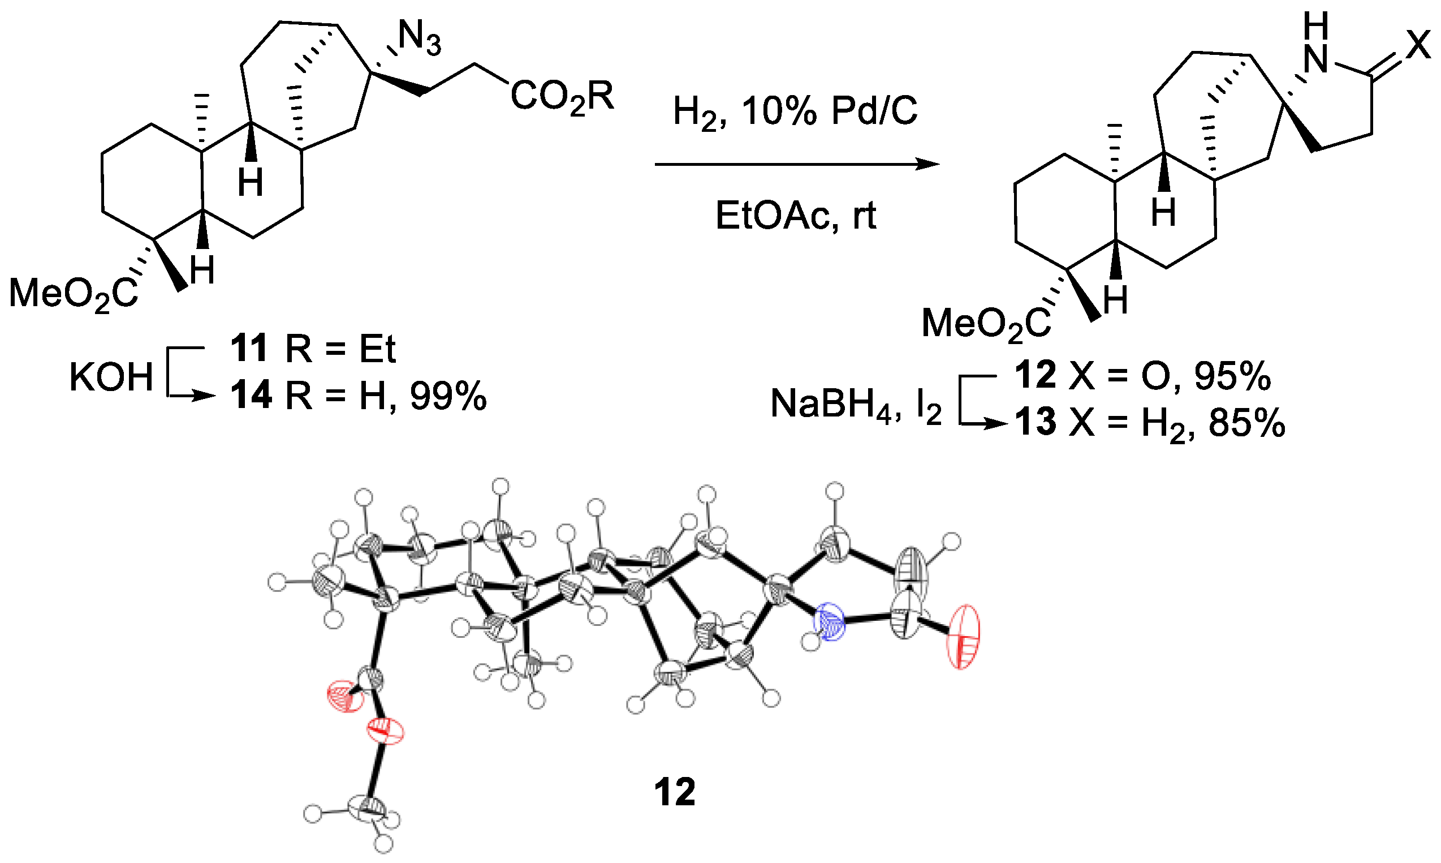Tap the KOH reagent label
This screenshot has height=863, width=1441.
(x=111, y=378)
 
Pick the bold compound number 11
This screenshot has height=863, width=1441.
(x=249, y=349)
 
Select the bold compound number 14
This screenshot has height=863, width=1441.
(x=251, y=396)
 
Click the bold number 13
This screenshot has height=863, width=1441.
(x=1036, y=422)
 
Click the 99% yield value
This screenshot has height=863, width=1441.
(x=448, y=397)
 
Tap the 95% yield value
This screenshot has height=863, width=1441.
(x=1232, y=377)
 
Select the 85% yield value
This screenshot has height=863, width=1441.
(x=1247, y=423)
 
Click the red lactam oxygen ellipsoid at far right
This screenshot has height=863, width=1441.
(x=963, y=637)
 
